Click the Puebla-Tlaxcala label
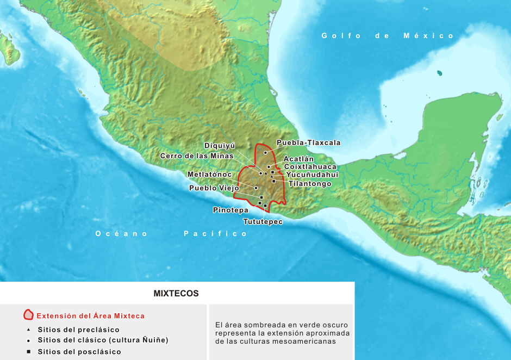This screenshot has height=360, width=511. click(x=308, y=143)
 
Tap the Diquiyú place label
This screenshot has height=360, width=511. click(x=220, y=146)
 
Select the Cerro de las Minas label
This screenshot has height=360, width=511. click(x=197, y=156)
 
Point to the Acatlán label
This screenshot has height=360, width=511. click(x=298, y=159)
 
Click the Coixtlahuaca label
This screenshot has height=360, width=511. click(x=310, y=167)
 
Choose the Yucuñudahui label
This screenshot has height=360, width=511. click(x=312, y=175)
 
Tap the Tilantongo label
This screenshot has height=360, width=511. click(x=310, y=184)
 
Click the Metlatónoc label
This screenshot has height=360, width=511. click(x=209, y=175)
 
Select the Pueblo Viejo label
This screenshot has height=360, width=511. click(x=214, y=188)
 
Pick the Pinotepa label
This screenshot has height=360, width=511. click(x=230, y=209)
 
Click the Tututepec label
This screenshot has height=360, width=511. click(x=263, y=222)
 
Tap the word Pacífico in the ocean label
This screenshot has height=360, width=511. click(x=215, y=234)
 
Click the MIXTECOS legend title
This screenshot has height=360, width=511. click(x=176, y=294)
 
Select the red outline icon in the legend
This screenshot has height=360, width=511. click(x=28, y=315)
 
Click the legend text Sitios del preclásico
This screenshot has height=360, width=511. click(x=78, y=330)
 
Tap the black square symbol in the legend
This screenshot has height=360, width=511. click(x=28, y=352)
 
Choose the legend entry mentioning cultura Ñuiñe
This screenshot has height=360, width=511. click(x=103, y=340)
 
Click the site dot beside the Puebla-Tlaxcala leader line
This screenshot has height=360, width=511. click(x=265, y=153)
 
